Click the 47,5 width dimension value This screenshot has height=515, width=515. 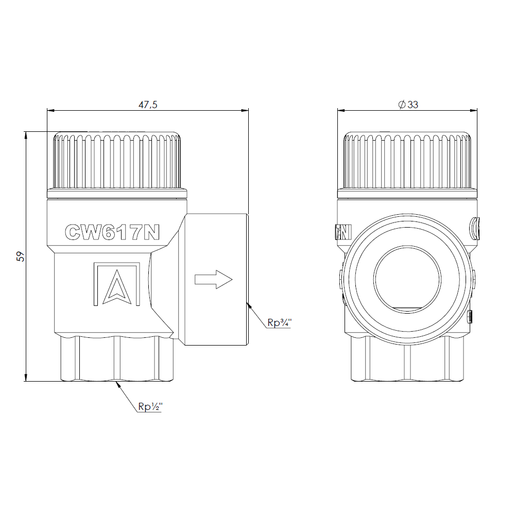click(x=148, y=105)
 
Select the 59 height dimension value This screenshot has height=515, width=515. click(x=21, y=256)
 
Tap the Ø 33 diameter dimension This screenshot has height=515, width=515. click(x=408, y=105)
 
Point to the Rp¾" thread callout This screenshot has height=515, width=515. click(x=279, y=322)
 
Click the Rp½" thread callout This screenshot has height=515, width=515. click(x=150, y=407)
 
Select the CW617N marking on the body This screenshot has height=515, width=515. click(x=112, y=232)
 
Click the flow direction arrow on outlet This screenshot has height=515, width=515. click(x=214, y=280)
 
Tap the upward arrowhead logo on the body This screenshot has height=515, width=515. click(x=117, y=287)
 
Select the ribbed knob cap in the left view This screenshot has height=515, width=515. click(x=117, y=160)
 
